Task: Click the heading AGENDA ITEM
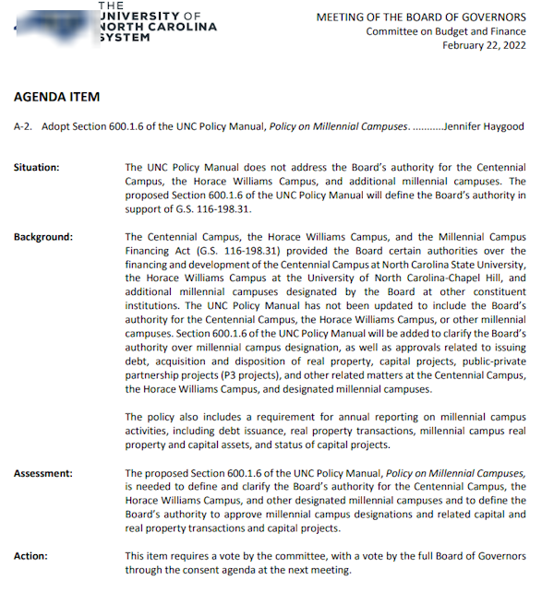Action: click(x=56, y=97)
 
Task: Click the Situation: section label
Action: click(x=37, y=167)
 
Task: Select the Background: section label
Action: click(x=42, y=237)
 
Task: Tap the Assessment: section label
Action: click(x=42, y=474)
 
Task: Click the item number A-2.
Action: click(x=25, y=125)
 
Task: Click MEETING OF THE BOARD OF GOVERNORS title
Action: click(x=421, y=17)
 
